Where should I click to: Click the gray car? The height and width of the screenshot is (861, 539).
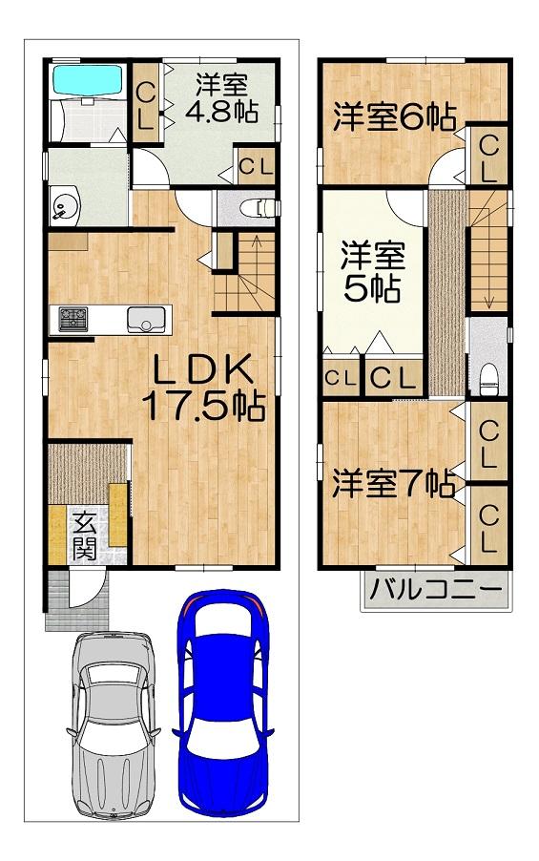tap(114, 725)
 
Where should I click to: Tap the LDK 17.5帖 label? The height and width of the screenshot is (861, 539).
tap(203, 388)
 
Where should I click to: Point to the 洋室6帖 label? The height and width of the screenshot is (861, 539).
tap(395, 116)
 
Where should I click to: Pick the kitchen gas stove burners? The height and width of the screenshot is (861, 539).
tap(73, 319)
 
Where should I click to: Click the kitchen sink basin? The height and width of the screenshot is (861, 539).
tap(146, 320)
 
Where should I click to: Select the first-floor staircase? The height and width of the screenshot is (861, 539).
tap(245, 272)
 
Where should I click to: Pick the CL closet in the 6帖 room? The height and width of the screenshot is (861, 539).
tap(487, 155)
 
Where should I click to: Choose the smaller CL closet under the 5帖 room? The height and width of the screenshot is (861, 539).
tap(341, 377)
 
